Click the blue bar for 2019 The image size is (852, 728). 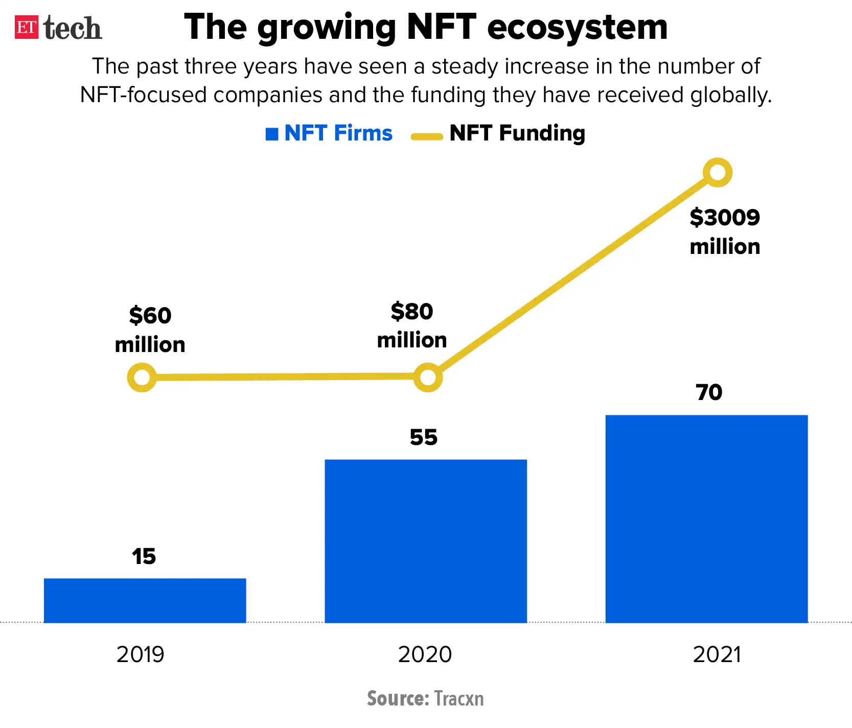[145, 600]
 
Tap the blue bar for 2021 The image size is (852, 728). [706, 519]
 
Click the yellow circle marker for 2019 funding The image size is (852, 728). [142, 378]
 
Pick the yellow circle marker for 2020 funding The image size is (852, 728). [428, 378]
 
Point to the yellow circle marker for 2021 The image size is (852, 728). [718, 173]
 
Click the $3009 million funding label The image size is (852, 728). [725, 232]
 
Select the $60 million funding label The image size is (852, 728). [150, 330]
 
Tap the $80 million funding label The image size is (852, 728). [412, 325]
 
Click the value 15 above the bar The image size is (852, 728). [144, 556]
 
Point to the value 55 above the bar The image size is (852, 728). [424, 437]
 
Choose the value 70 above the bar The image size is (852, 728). [709, 392]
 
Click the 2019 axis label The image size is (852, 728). [141, 654]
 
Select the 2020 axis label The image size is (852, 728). [425, 654]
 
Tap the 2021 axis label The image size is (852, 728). [717, 654]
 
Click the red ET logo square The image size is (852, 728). [27, 27]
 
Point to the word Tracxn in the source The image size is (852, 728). [458, 698]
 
